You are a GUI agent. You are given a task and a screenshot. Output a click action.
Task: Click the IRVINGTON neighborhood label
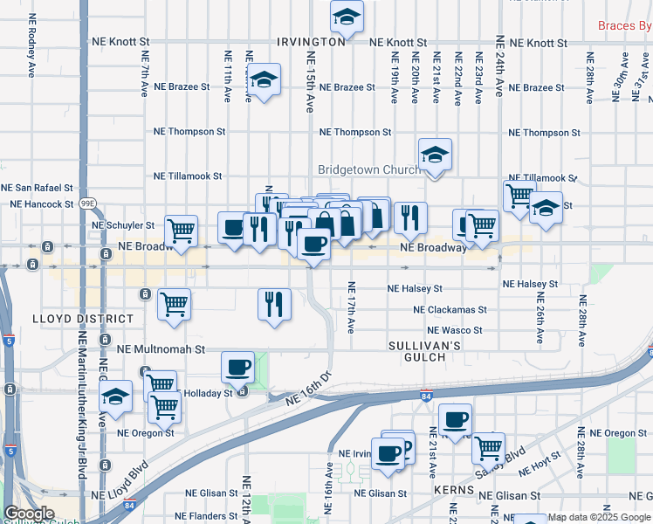[x=312, y=42]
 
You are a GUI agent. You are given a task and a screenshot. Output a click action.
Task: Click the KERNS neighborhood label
[x=454, y=492]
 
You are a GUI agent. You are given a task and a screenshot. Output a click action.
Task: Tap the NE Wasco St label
[x=455, y=331]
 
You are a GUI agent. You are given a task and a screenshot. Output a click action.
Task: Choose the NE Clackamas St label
[x=450, y=310]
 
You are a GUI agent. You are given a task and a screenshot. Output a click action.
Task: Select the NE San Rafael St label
[x=37, y=188]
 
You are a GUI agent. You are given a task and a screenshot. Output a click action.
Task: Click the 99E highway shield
[x=87, y=203]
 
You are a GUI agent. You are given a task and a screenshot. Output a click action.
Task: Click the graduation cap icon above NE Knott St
[x=347, y=17]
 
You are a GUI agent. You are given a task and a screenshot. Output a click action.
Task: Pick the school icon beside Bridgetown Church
[x=434, y=155]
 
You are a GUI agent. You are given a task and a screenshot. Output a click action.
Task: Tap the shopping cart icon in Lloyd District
[x=174, y=305]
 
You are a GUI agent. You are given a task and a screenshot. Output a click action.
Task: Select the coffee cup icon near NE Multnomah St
[x=237, y=367]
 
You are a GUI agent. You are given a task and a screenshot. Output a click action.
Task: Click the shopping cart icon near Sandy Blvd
[x=488, y=448]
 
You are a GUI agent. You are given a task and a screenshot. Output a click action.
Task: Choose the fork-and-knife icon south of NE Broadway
[x=274, y=304]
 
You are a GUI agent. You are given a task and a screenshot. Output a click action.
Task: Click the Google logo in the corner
[x=29, y=514]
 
